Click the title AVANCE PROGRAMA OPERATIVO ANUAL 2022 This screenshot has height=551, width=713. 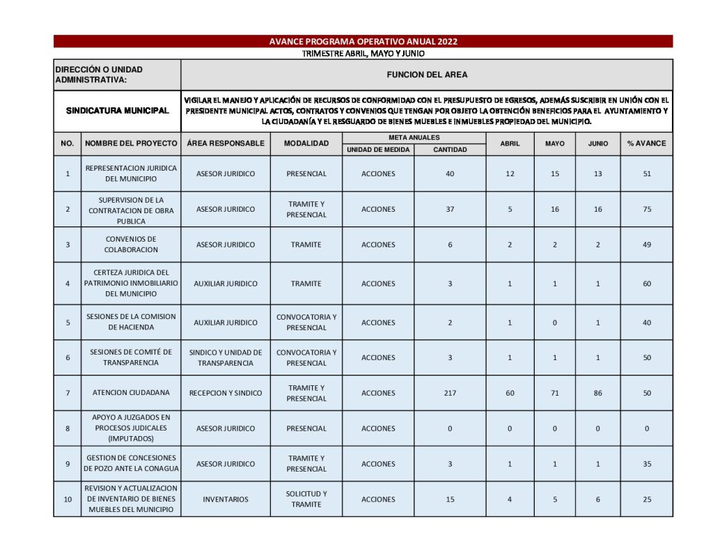click(363, 42)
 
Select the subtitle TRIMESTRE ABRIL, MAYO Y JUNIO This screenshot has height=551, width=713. click(363, 54)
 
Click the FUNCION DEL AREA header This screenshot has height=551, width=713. click(427, 75)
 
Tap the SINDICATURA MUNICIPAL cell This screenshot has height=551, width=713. click(117, 111)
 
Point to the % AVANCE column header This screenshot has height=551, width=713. click(646, 143)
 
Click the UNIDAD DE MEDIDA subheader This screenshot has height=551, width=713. click(378, 150)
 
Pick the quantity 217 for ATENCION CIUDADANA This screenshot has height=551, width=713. click(450, 393)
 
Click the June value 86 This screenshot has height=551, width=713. click(598, 393)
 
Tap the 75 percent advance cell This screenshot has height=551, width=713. click(647, 209)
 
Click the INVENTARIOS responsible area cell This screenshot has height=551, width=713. click(226, 499)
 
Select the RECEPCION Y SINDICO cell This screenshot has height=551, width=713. click(226, 393)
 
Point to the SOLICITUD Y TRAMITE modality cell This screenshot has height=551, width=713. click(306, 499)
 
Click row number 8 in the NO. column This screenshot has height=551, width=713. click(68, 428)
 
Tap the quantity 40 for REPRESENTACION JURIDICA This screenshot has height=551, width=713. click(450, 173)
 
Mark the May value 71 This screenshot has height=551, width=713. click(555, 393)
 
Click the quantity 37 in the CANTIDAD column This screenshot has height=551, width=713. click(450, 209)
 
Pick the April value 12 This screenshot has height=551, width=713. click(510, 173)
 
